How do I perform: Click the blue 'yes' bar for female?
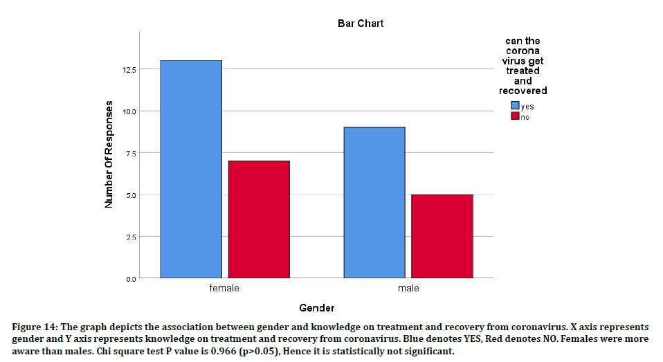tap(191, 170)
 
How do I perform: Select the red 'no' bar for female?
tap(259, 219)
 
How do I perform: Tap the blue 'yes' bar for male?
tap(374, 203)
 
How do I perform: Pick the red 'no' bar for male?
tap(442, 236)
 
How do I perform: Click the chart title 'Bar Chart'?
tap(361, 24)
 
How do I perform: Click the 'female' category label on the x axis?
tap(224, 288)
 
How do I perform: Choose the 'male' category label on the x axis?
tap(408, 288)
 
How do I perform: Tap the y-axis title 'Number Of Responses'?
tap(109, 154)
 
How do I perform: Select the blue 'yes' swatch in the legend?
tap(515, 106)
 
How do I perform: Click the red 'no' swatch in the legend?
tap(515, 116)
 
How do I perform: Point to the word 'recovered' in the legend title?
tap(523, 91)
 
